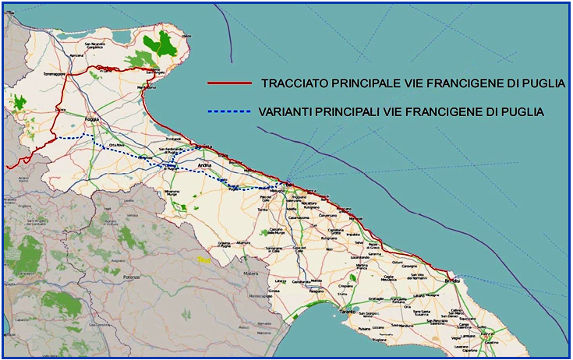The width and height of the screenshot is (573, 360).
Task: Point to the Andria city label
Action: pyautogui.click(x=205, y=165)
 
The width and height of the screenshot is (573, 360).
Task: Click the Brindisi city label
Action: pyautogui.click(x=451, y=281)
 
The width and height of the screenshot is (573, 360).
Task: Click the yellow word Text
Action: pyautogui.click(x=204, y=259)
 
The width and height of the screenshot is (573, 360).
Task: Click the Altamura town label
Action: pyautogui.click(x=244, y=244)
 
